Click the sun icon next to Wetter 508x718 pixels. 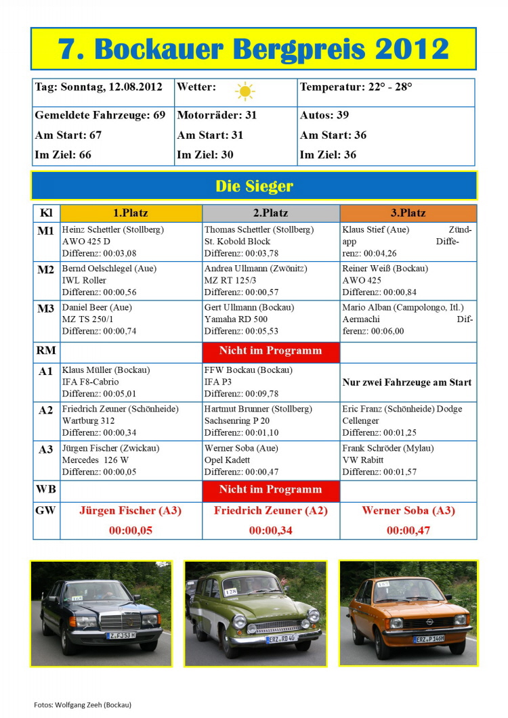pyautogui.click(x=245, y=91)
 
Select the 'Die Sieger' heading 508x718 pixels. pyautogui.click(x=254, y=185)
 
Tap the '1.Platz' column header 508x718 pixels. pyautogui.click(x=131, y=212)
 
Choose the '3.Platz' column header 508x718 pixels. pyautogui.click(x=408, y=212)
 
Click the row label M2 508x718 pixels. pyautogui.click(x=46, y=269)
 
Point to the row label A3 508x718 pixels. pyautogui.click(x=46, y=449)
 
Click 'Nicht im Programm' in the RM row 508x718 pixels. pyautogui.click(x=270, y=351)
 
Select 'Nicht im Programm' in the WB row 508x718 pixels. pyautogui.click(x=270, y=489)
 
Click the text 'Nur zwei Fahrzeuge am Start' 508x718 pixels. pyautogui.click(x=407, y=382)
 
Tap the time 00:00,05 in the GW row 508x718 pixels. pyautogui.click(x=131, y=531)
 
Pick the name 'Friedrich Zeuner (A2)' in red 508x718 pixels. pyautogui.click(x=270, y=511)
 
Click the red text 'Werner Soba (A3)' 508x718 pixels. pyautogui.click(x=408, y=511)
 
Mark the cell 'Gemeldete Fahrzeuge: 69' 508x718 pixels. pyautogui.click(x=100, y=115)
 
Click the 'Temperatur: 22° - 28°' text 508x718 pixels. pyautogui.click(x=356, y=87)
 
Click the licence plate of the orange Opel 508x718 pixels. pyautogui.click(x=429, y=638)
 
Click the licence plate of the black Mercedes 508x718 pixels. pyautogui.click(x=122, y=635)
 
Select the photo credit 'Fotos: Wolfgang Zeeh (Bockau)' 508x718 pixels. pyautogui.click(x=83, y=704)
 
